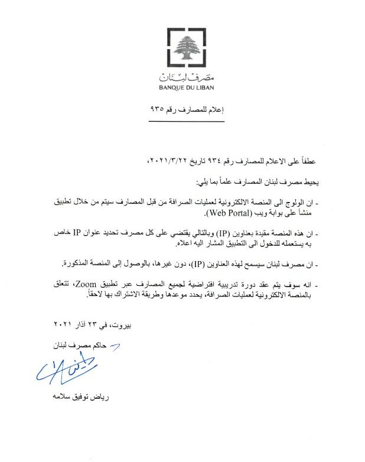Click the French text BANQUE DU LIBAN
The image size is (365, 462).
(186, 88)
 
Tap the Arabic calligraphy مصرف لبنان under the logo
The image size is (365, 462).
(186, 77)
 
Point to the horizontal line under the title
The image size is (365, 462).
(186, 121)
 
